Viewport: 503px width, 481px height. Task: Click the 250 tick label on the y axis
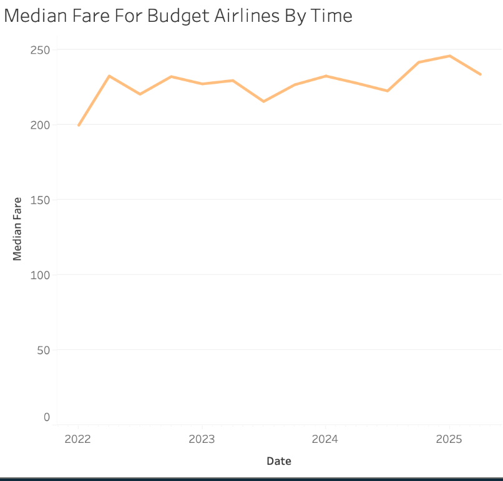click(x=40, y=50)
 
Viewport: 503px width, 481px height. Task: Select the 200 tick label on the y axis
click(x=40, y=125)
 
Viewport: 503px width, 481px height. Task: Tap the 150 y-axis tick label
click(x=40, y=200)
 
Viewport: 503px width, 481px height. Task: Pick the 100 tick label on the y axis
click(x=40, y=275)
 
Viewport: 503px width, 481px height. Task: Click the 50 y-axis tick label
click(x=42, y=350)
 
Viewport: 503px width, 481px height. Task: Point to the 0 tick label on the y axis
click(x=46, y=417)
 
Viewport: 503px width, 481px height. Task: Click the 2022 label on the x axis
click(x=78, y=439)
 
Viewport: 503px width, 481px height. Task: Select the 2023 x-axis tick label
click(x=202, y=439)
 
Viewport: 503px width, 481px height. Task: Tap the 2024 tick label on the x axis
click(x=325, y=439)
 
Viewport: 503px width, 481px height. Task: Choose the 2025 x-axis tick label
click(x=449, y=439)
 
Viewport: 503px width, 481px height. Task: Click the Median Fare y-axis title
click(x=17, y=229)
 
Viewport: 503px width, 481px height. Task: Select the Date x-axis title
click(x=279, y=462)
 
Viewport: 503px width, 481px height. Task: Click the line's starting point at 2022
click(x=79, y=126)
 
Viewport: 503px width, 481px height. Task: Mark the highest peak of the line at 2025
click(x=449, y=56)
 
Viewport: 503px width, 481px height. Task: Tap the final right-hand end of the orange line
click(x=481, y=74)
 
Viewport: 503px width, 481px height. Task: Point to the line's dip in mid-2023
click(x=263, y=101)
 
